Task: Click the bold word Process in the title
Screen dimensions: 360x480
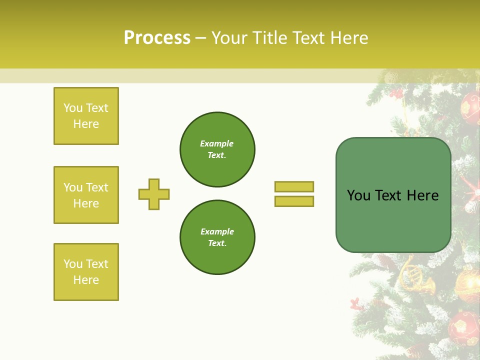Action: coord(157,38)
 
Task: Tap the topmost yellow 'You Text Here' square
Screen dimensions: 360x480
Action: coord(86,116)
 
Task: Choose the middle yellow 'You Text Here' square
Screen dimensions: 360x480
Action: coord(86,195)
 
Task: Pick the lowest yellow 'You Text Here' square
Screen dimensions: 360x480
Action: coord(86,272)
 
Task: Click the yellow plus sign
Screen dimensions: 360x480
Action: coord(154,194)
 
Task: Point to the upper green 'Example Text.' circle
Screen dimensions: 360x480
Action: coord(217,149)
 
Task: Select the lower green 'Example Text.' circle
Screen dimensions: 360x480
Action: coord(217,237)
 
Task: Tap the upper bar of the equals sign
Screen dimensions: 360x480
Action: coord(294,186)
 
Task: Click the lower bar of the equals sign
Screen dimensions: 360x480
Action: coord(294,201)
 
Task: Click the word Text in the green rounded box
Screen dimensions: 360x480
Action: coord(388,195)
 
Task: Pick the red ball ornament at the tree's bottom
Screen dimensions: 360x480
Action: coord(463,327)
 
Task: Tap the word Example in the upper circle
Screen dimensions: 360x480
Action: coord(217,143)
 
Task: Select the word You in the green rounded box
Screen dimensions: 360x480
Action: coord(358,195)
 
